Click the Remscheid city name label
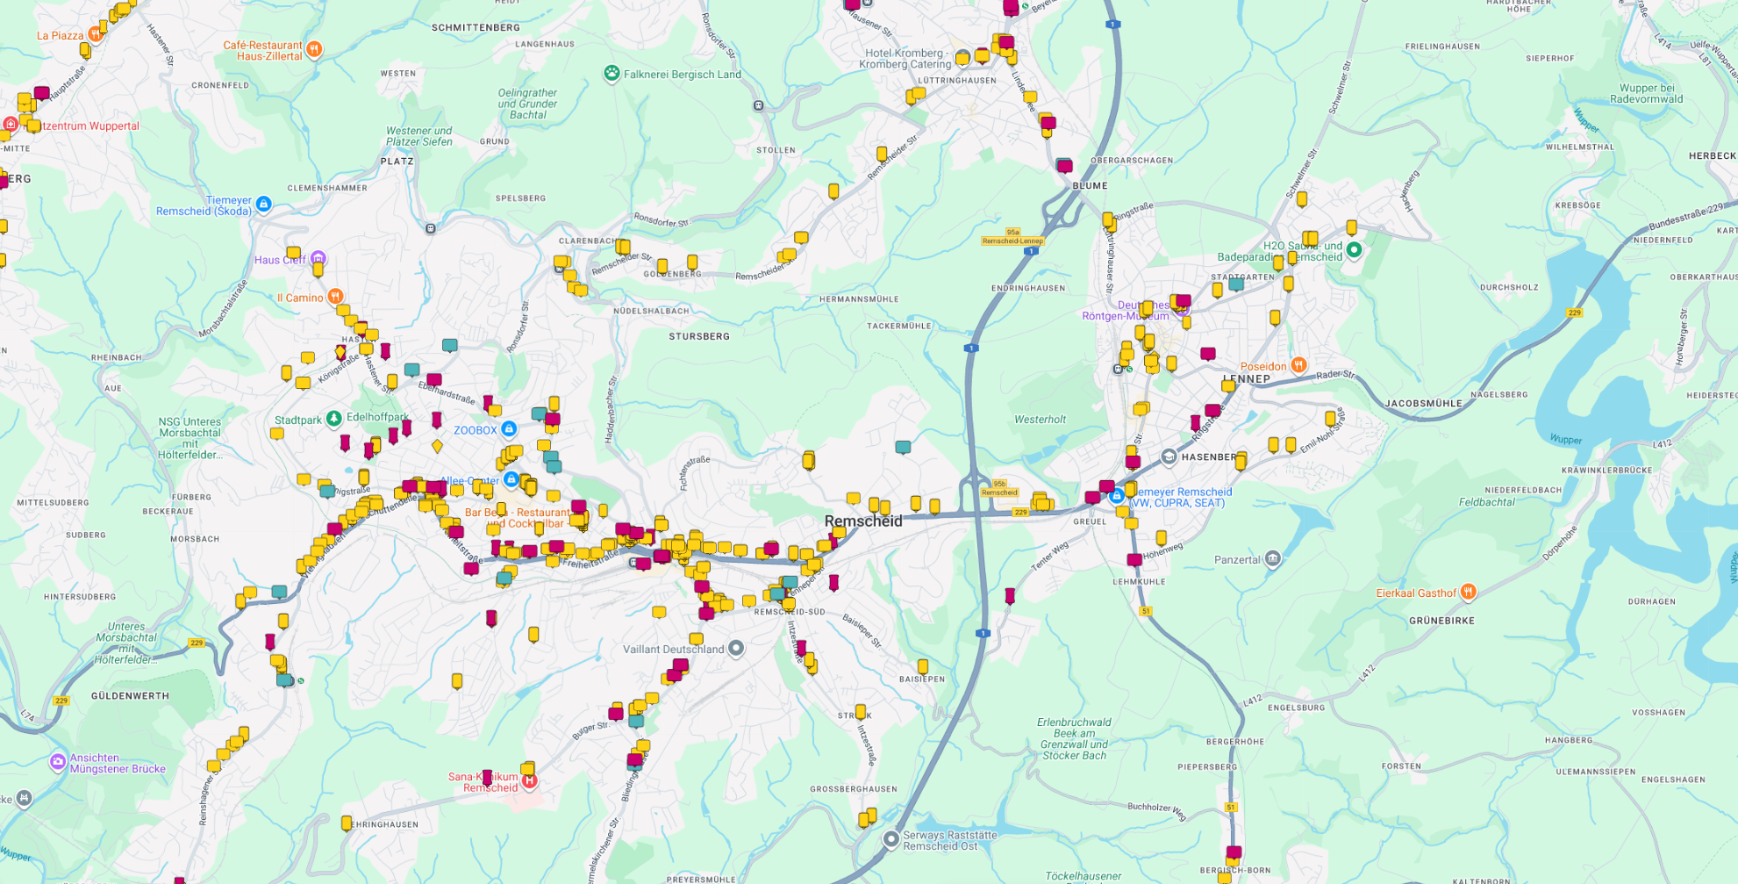[x=863, y=521]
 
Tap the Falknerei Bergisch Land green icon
[x=612, y=74]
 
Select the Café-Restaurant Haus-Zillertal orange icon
[x=314, y=49]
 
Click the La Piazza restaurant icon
[x=95, y=35]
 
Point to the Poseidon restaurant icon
[x=1298, y=365]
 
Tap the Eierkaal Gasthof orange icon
[x=1469, y=593]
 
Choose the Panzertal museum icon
[x=1273, y=559]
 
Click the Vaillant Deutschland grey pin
[x=736, y=649]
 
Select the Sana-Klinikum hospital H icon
[x=529, y=780]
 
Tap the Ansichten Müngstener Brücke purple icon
[x=58, y=761]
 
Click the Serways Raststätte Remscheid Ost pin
[x=891, y=840]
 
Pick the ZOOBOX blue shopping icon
[x=509, y=429]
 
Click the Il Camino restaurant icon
[x=335, y=297]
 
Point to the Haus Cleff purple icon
[x=318, y=259]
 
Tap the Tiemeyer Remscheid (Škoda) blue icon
[x=263, y=205]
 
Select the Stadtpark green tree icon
[x=333, y=419]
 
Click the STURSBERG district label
[x=699, y=336]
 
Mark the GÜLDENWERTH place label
[x=130, y=696]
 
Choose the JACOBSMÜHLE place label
[x=1424, y=404]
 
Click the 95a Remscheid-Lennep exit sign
[x=1012, y=237]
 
